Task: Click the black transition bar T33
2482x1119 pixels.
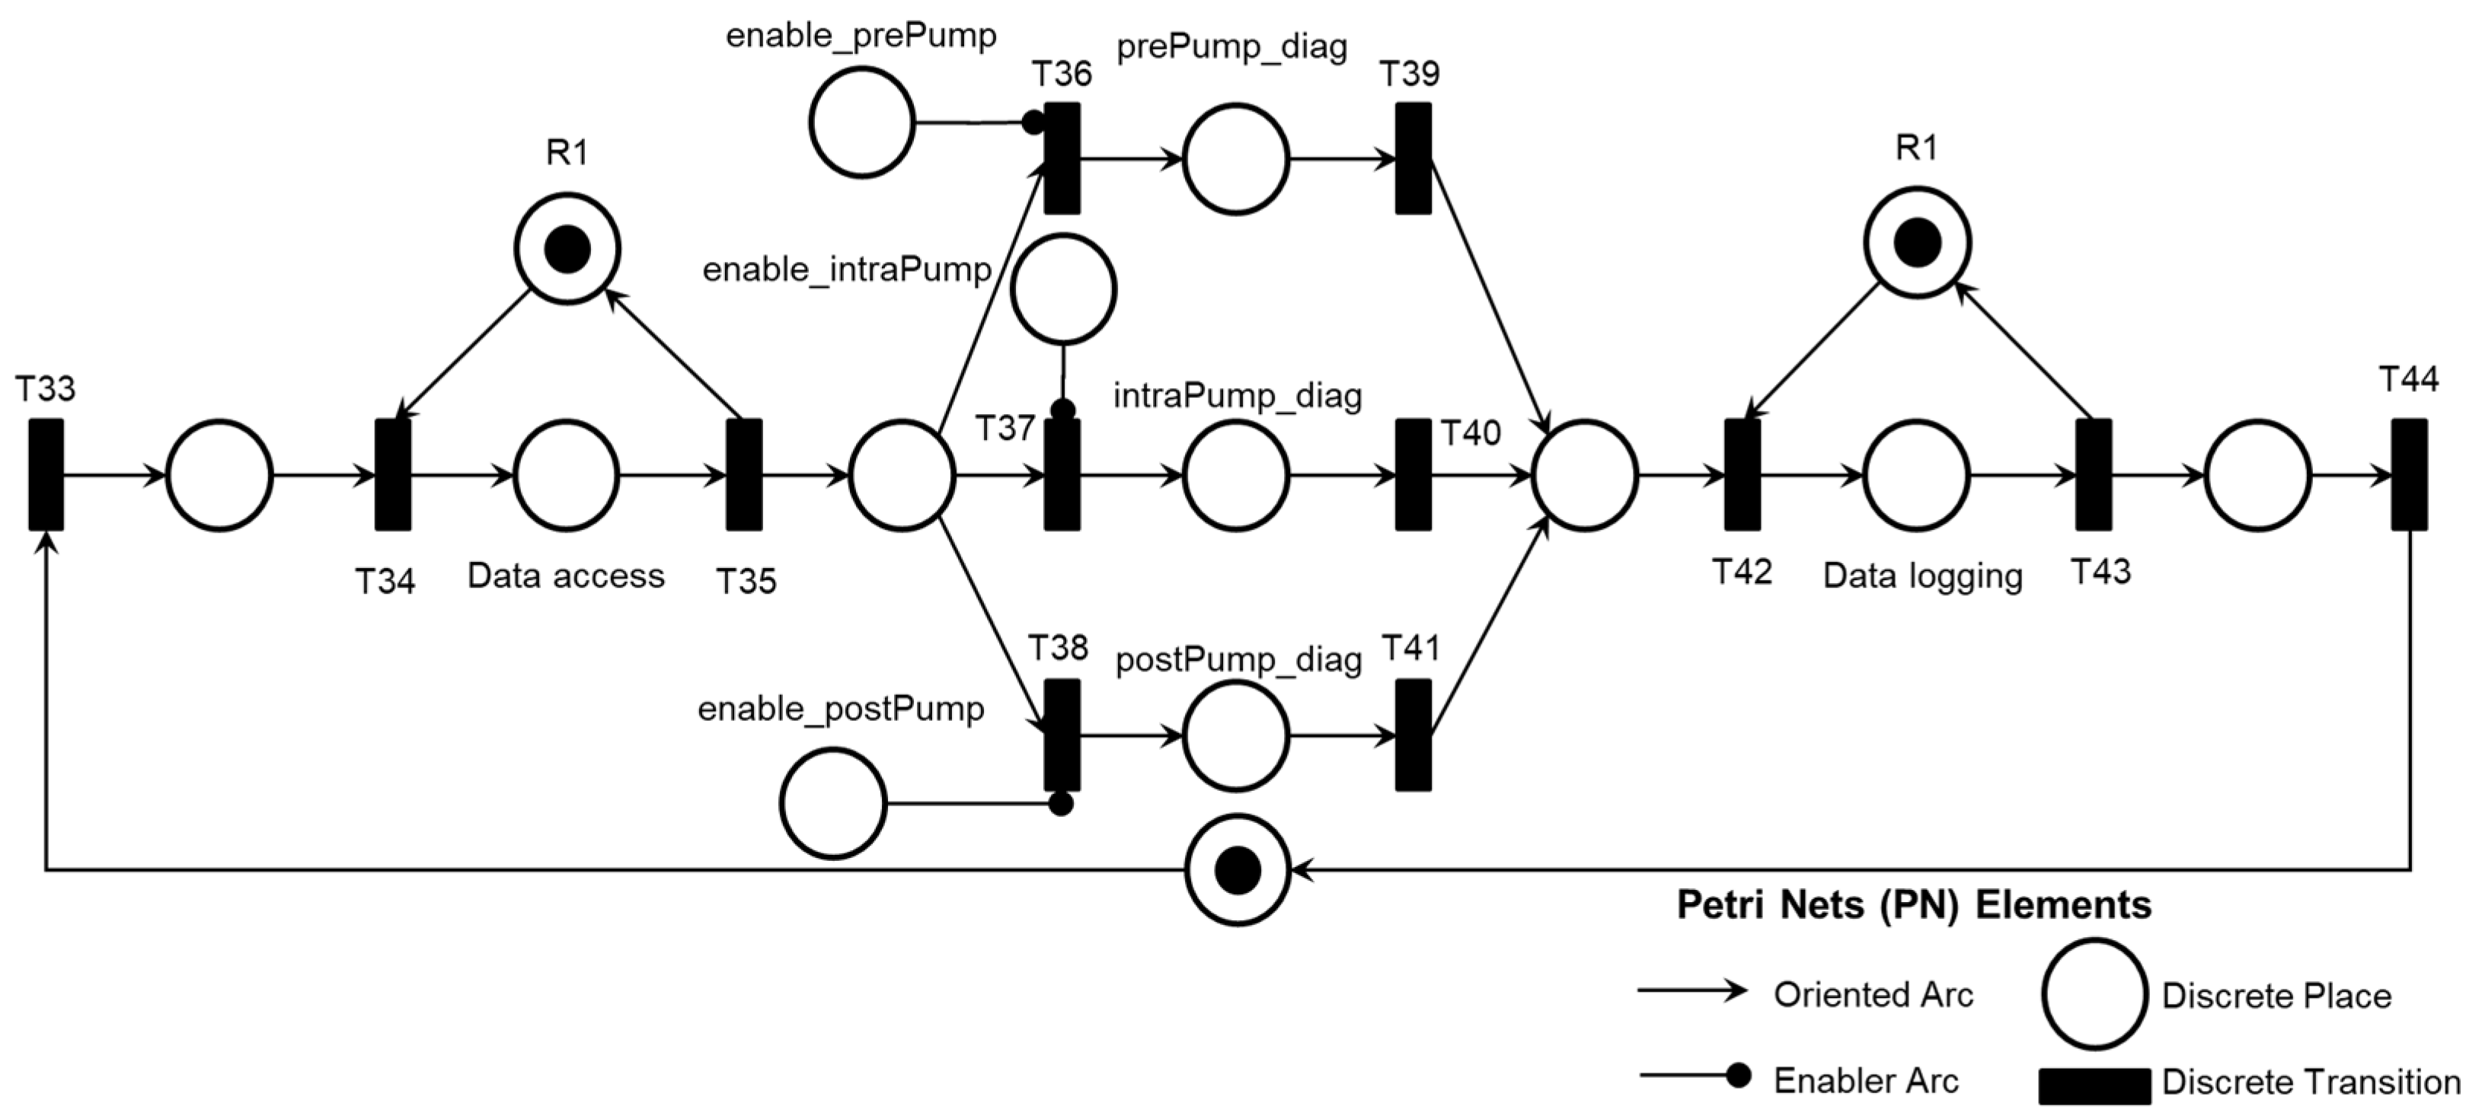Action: [x=45, y=475]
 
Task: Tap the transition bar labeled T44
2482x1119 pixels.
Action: [x=2409, y=475]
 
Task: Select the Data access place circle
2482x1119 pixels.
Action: [x=567, y=476]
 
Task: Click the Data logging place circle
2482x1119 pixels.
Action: [x=1916, y=476]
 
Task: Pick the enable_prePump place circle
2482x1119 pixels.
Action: [x=861, y=123]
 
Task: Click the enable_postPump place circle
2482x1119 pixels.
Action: [x=832, y=803]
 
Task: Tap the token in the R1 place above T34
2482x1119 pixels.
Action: [x=567, y=250]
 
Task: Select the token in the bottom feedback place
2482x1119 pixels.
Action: [x=1237, y=871]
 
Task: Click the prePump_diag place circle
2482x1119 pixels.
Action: [x=1236, y=159]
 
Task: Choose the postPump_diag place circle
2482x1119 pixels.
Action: [x=1236, y=736]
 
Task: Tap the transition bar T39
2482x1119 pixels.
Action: [x=1413, y=159]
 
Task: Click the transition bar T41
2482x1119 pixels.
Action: [x=1413, y=736]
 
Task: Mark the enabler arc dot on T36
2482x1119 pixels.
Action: [x=1033, y=123]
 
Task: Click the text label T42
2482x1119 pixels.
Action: [x=1742, y=572]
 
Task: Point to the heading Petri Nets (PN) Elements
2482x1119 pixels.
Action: [x=1914, y=905]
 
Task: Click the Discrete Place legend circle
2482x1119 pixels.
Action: [x=2094, y=995]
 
